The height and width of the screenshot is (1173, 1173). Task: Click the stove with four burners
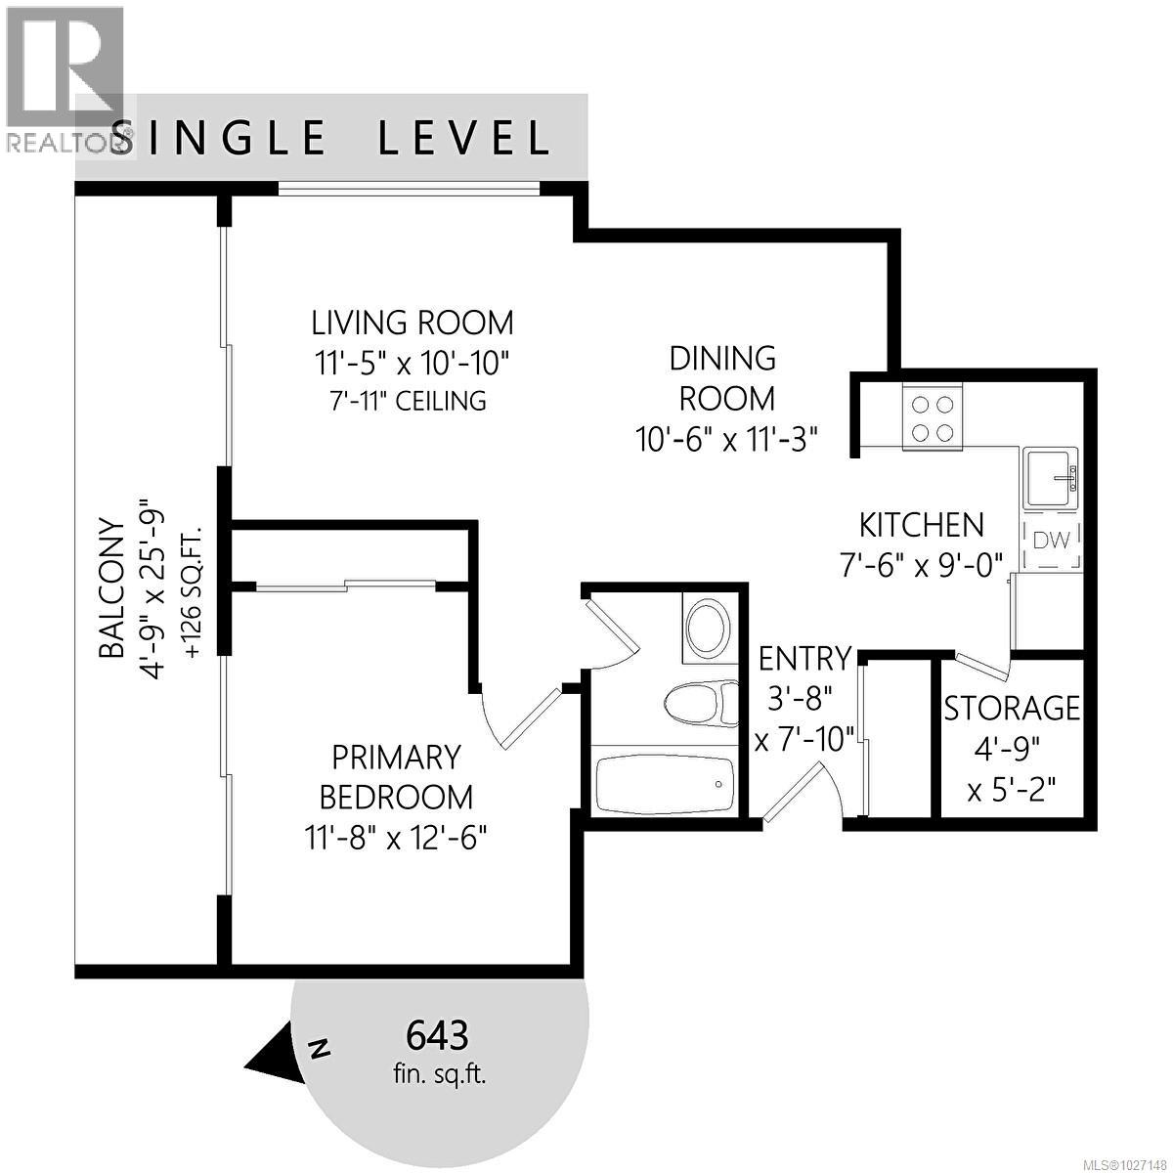click(933, 418)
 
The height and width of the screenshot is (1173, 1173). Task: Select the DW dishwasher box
click(1052, 540)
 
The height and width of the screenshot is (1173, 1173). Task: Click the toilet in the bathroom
click(701, 703)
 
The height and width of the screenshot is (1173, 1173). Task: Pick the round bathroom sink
click(705, 629)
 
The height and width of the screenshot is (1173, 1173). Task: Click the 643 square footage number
click(437, 1033)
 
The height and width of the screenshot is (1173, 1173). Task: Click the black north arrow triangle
click(275, 1055)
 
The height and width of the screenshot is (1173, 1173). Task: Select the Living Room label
click(412, 322)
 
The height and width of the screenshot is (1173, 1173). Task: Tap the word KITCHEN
click(921, 525)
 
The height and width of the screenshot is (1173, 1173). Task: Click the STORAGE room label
click(1012, 707)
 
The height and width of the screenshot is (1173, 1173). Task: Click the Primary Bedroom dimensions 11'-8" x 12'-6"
click(396, 838)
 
